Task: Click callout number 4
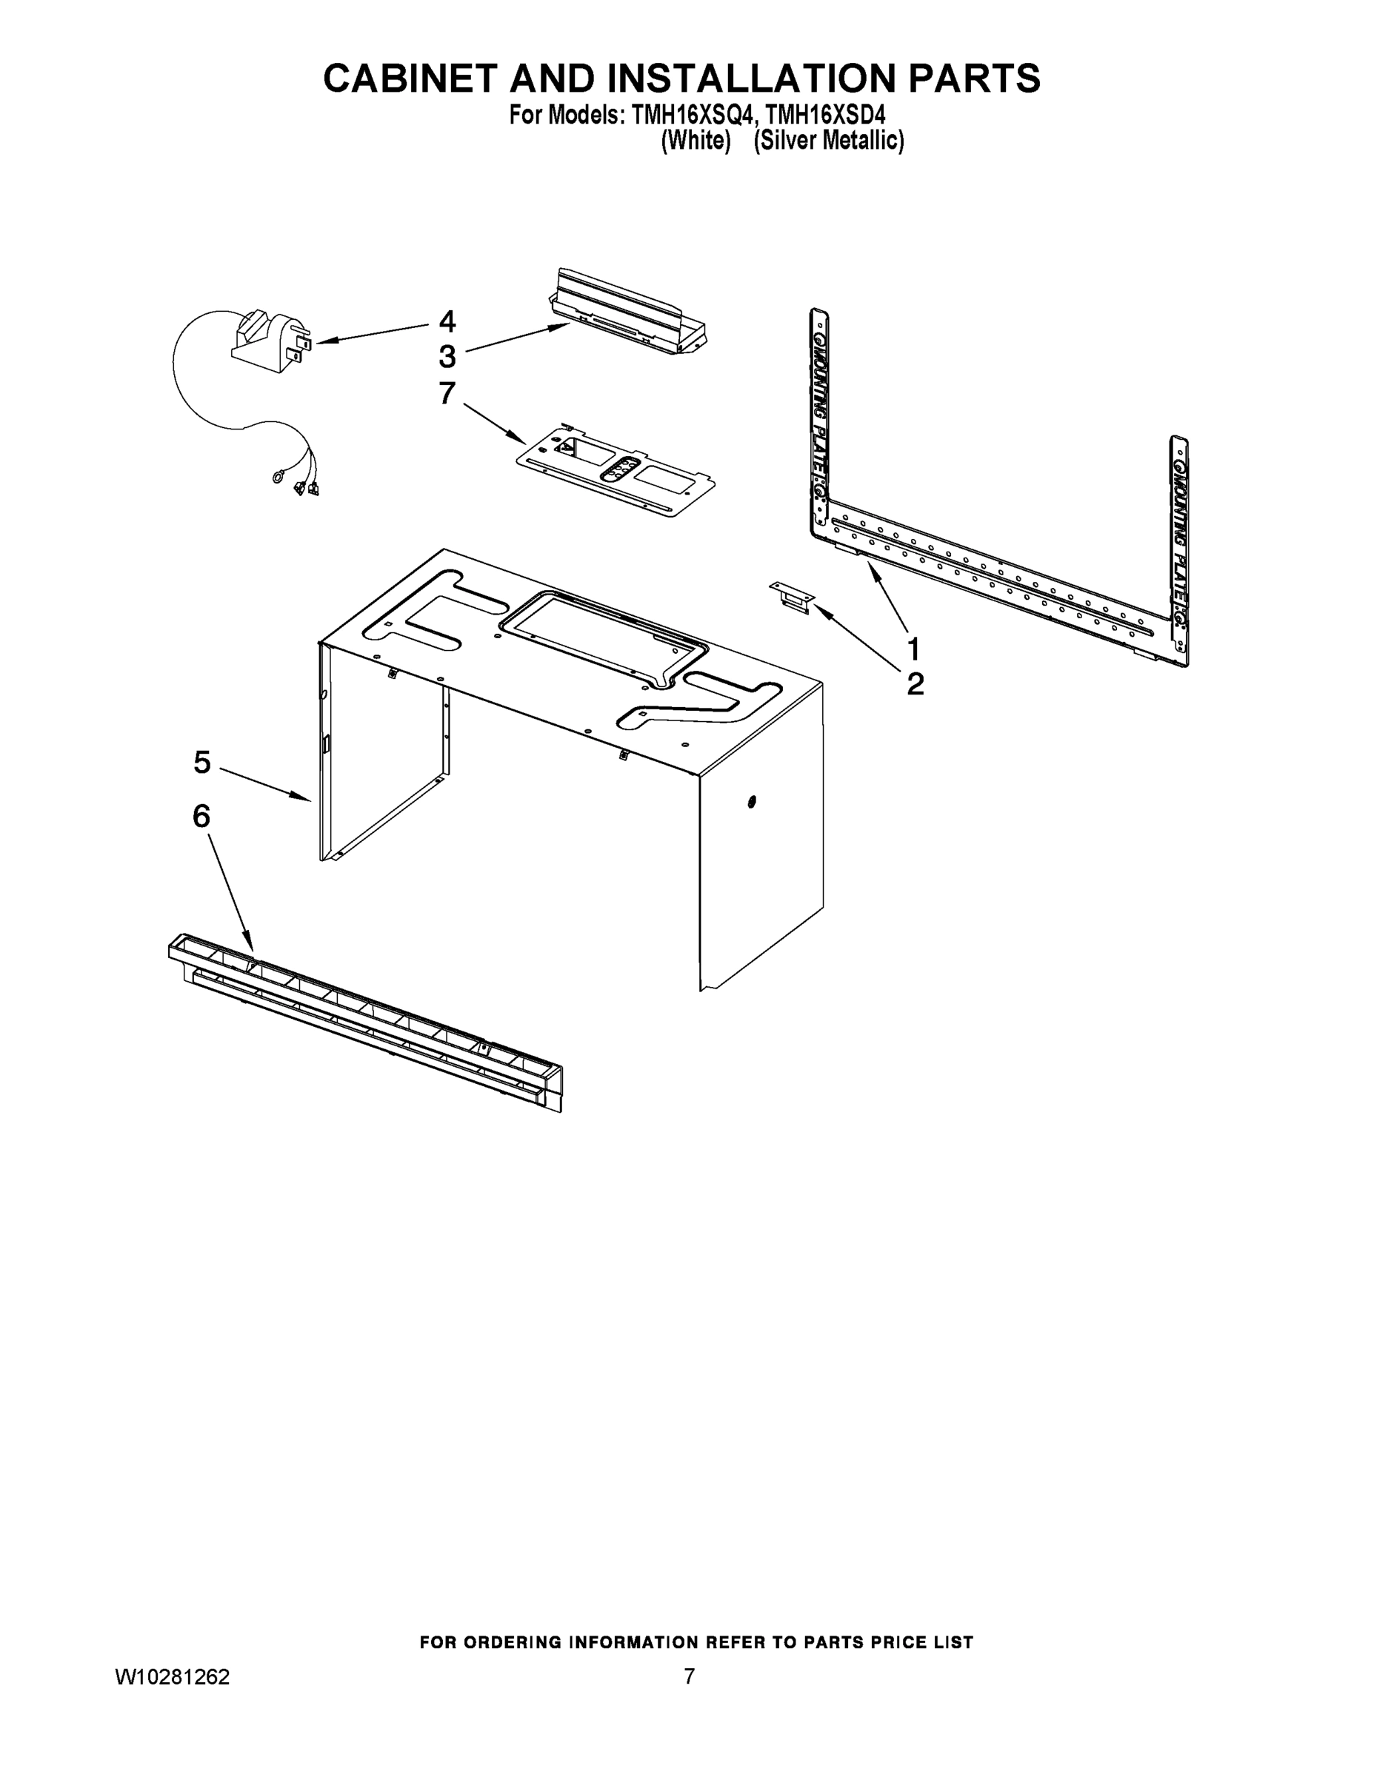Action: pos(447,321)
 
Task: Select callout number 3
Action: pos(447,356)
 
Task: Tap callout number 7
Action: pos(447,393)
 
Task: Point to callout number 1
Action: pos(913,649)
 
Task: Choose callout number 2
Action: pos(915,684)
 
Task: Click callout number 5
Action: pos(202,763)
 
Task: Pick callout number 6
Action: pos(201,815)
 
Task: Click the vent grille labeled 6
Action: pos(365,1021)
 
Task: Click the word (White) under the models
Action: pos(695,141)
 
